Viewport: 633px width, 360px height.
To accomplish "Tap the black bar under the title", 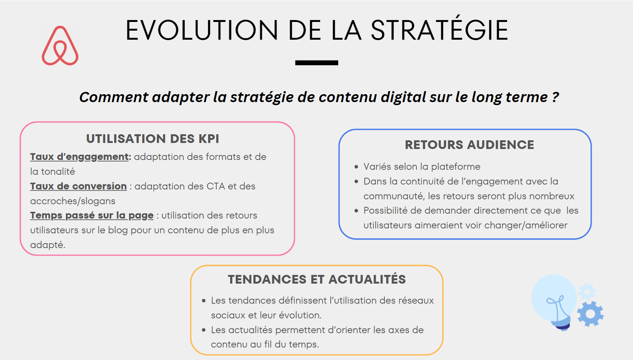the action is (x=316, y=63).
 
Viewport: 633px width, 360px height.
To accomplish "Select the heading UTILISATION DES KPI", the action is (x=152, y=139).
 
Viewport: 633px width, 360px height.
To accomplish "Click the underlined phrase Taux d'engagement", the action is (x=79, y=157).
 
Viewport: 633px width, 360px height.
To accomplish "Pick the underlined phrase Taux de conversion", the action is (x=78, y=186).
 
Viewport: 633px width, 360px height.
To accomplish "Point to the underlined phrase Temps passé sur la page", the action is (x=92, y=216).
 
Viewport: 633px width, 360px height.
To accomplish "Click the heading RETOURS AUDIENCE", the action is (x=470, y=144).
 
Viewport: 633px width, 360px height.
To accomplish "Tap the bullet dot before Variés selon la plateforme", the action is (x=356, y=167).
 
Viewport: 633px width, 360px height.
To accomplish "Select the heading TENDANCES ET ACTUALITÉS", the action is (x=317, y=279).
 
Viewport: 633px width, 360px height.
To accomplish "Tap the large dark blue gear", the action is (x=590, y=314).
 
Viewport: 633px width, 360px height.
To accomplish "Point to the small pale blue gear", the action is (x=587, y=292).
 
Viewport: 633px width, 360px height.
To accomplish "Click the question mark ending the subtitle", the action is (x=555, y=97).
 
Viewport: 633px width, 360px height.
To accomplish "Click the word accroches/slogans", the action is (x=73, y=201).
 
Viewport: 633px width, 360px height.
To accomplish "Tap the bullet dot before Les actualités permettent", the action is (x=204, y=330).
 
